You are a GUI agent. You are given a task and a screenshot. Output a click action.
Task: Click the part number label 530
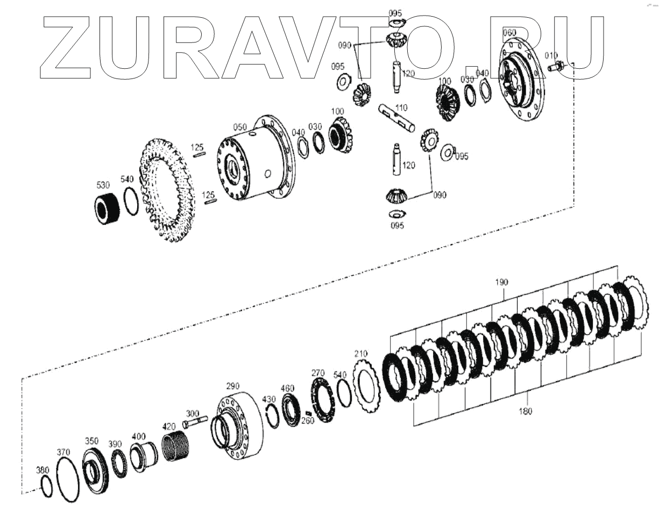click(103, 185)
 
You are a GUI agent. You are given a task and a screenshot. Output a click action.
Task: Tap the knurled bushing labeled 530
click(106, 209)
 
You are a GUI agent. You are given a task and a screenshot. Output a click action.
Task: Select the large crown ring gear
click(167, 191)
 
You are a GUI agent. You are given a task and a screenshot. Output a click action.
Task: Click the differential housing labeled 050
click(256, 158)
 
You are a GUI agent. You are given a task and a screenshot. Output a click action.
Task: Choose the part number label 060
click(509, 32)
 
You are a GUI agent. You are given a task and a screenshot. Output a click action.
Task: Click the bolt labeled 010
click(556, 66)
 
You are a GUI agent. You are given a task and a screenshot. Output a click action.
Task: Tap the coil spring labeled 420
click(175, 447)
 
